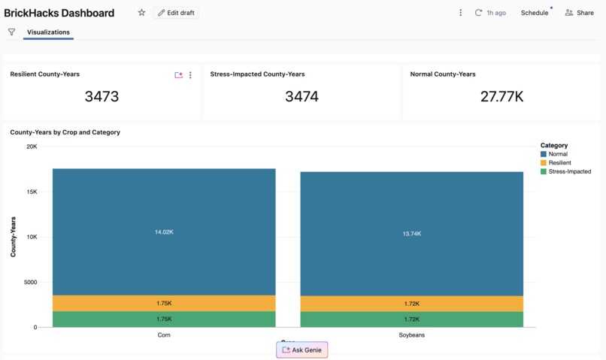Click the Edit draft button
(176, 13)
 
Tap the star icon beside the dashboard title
(141, 13)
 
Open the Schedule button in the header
(534, 13)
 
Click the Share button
(579, 13)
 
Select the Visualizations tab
(48, 32)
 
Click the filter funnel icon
(11, 32)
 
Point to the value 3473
(102, 96)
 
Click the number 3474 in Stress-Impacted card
(301, 96)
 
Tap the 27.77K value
(501, 96)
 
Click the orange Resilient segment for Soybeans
(411, 304)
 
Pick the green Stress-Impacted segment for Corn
(164, 319)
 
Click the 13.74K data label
(411, 234)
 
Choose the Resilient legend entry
(559, 163)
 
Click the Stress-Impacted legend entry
(569, 172)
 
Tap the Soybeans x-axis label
(411, 335)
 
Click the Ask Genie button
(301, 350)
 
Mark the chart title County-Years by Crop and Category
(65, 132)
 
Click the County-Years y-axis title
(14, 237)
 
